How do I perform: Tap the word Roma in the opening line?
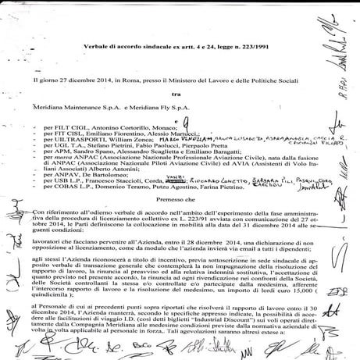pyautogui.click(x=118, y=79)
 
